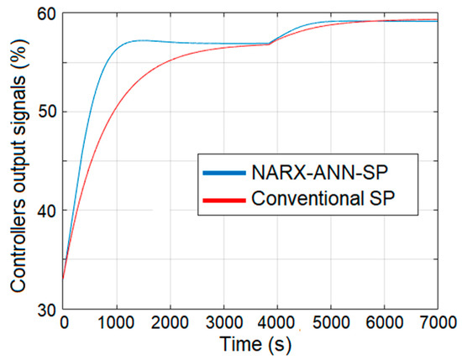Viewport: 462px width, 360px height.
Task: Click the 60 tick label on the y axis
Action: [47, 14]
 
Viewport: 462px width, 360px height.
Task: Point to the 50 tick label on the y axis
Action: [47, 112]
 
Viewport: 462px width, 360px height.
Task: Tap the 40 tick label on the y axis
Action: [47, 211]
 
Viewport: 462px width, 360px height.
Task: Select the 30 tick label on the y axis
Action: [47, 310]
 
